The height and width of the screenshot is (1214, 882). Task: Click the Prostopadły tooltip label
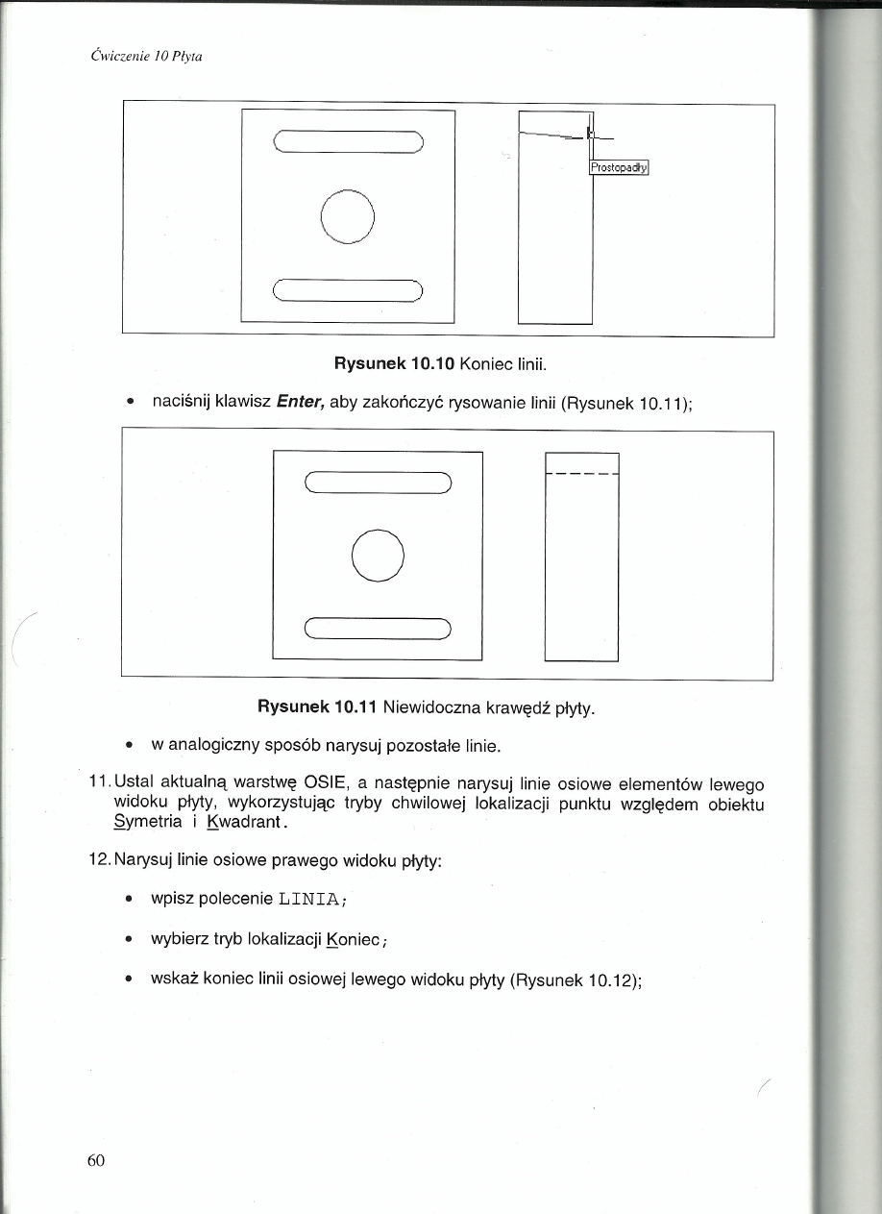620,167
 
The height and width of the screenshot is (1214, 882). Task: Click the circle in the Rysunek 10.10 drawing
348,214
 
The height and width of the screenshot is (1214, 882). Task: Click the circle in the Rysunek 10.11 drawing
379,555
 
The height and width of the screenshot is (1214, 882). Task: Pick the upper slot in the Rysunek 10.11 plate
378,483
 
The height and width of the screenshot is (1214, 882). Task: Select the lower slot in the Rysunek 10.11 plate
378,630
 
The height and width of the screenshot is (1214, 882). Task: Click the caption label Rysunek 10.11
317,709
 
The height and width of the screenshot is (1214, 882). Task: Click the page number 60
95,1160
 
